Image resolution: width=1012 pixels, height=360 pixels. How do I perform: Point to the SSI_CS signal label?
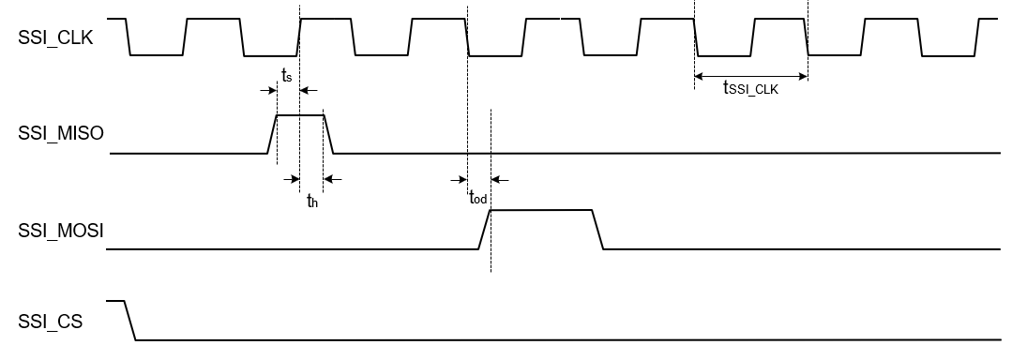51,322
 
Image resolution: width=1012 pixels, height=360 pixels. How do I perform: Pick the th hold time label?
312,199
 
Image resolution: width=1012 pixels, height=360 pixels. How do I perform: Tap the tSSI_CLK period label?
750,90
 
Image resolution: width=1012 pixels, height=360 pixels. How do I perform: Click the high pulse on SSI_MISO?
299,115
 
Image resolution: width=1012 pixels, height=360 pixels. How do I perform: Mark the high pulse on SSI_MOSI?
541,210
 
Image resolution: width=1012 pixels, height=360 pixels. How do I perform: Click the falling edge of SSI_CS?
130,321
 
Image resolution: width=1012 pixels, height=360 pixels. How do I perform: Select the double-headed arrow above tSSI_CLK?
750,76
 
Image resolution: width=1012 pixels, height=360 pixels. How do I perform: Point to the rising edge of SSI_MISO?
273,133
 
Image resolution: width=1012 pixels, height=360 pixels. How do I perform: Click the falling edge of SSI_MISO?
328,133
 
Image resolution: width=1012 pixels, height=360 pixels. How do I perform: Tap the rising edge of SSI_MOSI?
484,230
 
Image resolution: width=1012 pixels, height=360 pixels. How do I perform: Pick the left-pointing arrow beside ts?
310,90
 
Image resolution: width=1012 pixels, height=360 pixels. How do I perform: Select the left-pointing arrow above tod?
500,179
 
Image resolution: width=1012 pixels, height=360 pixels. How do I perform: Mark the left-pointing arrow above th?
333,179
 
